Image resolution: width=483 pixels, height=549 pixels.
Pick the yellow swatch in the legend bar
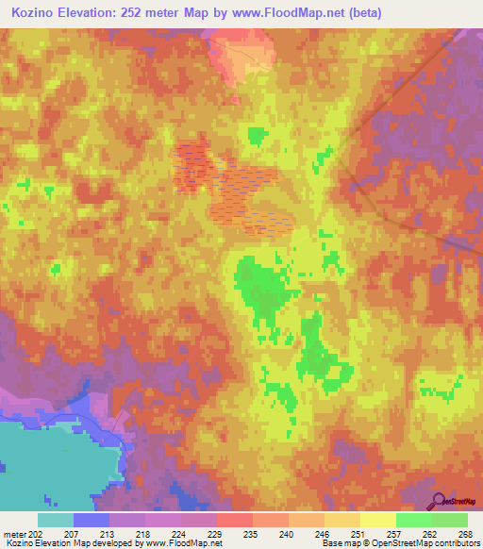coord(377,520)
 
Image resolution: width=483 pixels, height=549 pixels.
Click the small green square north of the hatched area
coord(256,136)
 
